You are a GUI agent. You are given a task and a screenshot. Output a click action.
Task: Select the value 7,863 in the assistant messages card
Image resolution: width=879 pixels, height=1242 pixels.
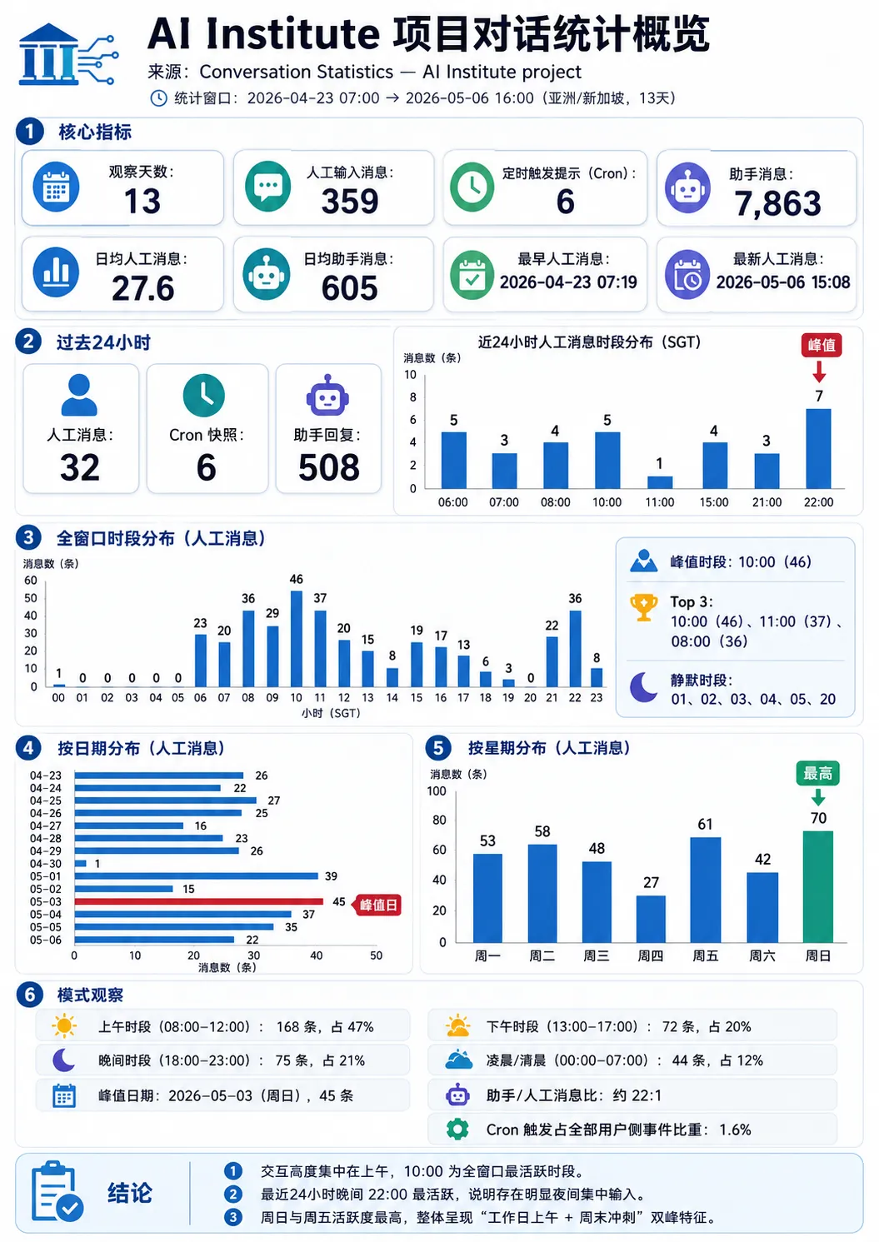click(777, 203)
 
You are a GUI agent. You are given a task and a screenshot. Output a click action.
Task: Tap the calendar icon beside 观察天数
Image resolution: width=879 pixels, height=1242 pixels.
click(56, 187)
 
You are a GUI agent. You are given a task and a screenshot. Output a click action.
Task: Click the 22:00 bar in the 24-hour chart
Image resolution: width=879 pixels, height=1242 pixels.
click(818, 448)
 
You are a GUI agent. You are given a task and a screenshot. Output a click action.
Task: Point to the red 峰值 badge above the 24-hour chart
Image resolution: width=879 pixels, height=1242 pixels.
click(821, 345)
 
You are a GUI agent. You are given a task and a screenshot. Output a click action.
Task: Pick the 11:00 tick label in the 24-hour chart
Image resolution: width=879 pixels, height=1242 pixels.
click(659, 502)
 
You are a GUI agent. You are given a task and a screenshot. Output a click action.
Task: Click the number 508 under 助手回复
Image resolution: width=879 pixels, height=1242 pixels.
click(329, 467)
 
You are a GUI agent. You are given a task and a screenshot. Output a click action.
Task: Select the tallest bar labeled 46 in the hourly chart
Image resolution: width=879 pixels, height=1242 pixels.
click(296, 639)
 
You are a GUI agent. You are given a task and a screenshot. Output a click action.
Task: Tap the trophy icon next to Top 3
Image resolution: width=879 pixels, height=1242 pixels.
click(644, 607)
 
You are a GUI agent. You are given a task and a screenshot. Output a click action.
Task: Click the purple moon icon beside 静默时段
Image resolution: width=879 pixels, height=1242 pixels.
click(643, 687)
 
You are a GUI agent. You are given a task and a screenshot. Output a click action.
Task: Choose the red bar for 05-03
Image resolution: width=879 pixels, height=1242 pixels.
click(198, 901)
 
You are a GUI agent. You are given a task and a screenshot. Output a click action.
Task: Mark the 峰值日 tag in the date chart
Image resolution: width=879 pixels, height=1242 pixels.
click(377, 905)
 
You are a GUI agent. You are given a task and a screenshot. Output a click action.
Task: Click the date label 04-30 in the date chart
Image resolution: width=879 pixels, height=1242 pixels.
click(46, 863)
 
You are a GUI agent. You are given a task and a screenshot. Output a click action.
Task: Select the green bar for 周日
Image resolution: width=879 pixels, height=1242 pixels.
click(817, 886)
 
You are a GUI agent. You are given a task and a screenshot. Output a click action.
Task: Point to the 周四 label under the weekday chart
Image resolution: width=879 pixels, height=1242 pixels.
click(651, 955)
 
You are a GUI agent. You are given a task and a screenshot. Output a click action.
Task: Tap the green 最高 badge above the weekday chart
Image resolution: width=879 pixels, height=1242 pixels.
click(817, 773)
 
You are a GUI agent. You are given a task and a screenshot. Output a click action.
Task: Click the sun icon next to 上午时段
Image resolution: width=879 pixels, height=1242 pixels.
click(64, 1025)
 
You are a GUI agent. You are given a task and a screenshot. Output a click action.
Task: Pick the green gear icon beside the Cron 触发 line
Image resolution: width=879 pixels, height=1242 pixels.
click(457, 1129)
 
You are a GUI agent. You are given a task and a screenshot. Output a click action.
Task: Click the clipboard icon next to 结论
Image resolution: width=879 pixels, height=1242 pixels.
click(57, 1190)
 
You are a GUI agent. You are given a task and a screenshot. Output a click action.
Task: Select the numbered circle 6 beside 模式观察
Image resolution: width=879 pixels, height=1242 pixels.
click(30, 995)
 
